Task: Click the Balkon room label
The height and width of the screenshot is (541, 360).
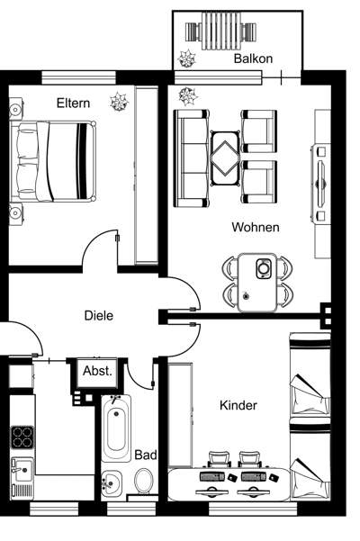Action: (253, 59)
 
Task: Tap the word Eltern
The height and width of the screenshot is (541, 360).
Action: (73, 104)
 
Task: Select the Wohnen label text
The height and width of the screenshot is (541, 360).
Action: (255, 228)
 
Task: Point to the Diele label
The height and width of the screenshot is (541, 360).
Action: (98, 316)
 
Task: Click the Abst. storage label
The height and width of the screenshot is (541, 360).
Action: (97, 370)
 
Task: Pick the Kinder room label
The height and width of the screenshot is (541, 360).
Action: (238, 406)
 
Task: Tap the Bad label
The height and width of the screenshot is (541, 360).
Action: (145, 455)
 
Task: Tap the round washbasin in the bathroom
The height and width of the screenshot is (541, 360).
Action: (112, 482)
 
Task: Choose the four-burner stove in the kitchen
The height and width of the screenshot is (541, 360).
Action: (22, 437)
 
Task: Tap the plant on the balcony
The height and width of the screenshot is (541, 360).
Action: (187, 59)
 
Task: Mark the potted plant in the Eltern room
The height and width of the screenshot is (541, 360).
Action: (118, 102)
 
